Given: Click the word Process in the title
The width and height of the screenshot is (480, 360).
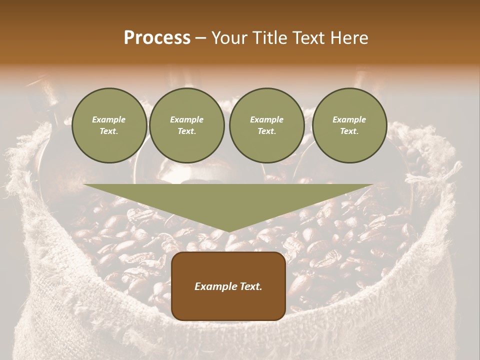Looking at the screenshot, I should click(x=157, y=38).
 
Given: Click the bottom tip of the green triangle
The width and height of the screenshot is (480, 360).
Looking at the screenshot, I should click(x=229, y=231).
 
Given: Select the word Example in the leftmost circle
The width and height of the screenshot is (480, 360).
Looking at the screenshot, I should click(x=109, y=119).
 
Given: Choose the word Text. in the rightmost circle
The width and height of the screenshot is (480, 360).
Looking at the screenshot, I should click(x=349, y=131).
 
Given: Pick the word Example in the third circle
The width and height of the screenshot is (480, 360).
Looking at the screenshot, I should click(x=267, y=119).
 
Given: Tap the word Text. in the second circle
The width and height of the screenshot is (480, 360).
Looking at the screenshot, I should click(x=187, y=131).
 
